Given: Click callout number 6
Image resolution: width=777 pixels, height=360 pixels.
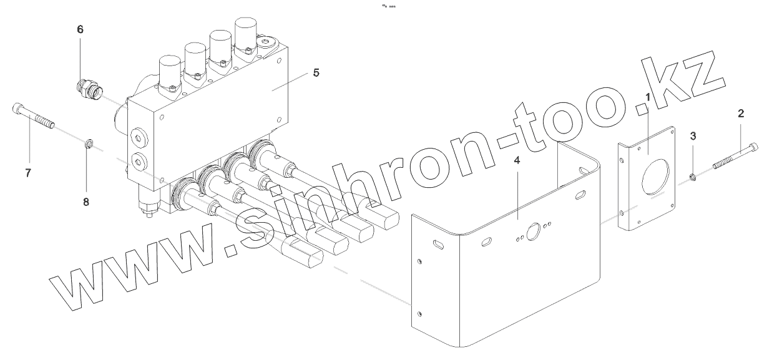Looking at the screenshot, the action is pos(80,29).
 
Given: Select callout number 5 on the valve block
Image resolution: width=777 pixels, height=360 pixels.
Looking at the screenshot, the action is pos(316,73).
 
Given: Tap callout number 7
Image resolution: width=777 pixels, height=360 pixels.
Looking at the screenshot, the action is pos(28,173).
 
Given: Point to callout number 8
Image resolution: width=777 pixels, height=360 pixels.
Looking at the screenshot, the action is pos(86,202).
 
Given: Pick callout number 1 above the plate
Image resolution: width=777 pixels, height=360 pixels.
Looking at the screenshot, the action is pos(648,98).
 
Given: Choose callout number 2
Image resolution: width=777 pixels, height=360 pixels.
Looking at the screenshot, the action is pos(741,113).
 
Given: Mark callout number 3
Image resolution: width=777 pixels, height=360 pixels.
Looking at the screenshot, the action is pos(693,135).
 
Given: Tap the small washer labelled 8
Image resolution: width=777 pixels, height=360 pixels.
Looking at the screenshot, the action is pos(89,147).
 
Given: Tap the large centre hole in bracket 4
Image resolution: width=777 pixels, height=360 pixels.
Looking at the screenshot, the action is pos(535,232).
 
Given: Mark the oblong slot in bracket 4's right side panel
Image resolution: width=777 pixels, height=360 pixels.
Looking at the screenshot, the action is pos(579,195).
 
